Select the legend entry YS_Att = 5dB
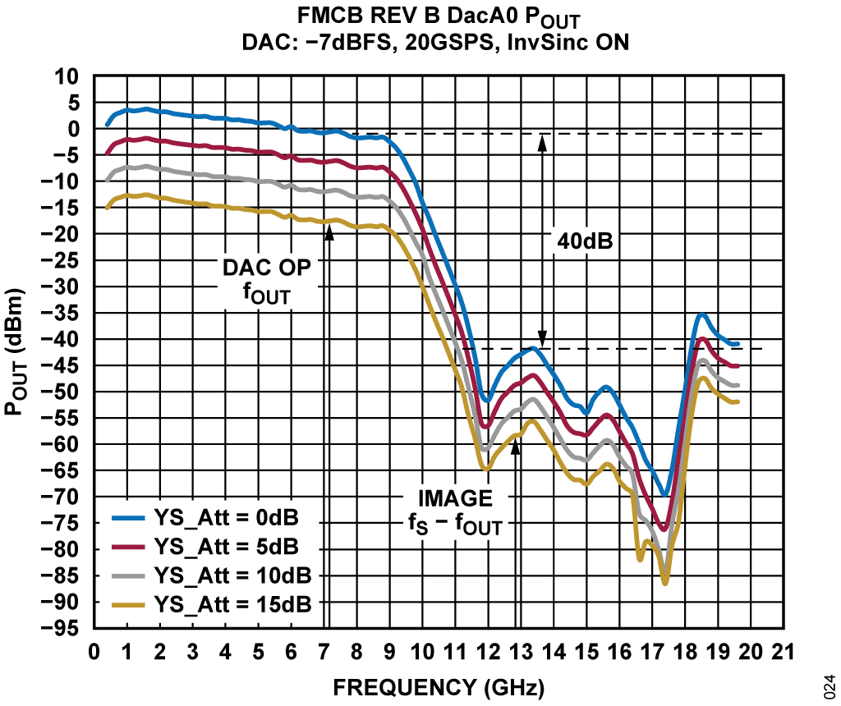226,547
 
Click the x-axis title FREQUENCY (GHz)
439,685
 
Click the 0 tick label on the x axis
94,652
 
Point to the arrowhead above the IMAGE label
516,445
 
